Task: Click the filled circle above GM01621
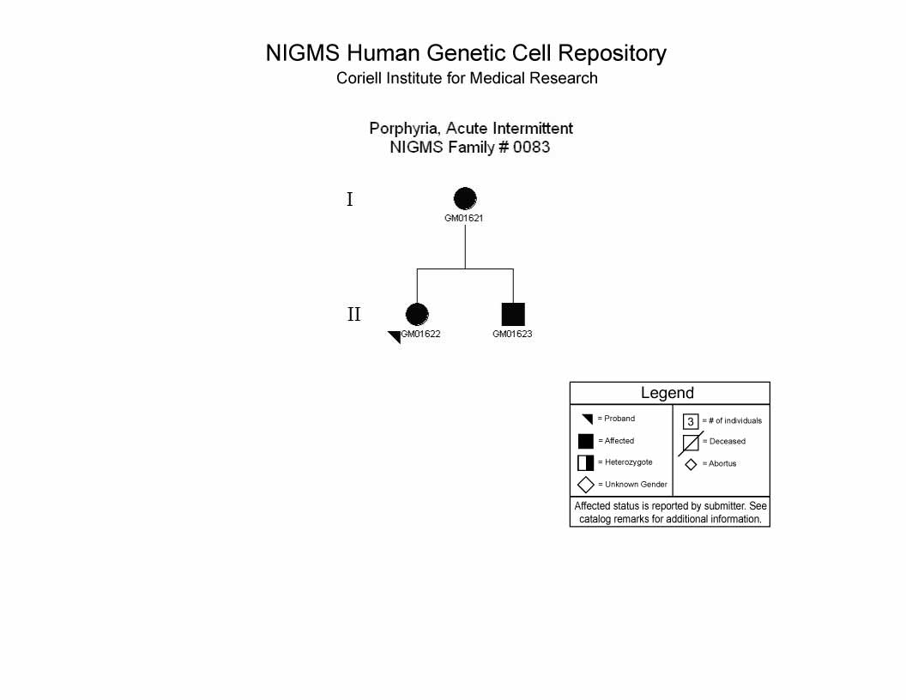pyautogui.click(x=465, y=199)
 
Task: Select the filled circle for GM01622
pyautogui.click(x=417, y=314)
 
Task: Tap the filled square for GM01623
pyautogui.click(x=513, y=314)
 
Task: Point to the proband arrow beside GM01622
pyautogui.click(x=396, y=337)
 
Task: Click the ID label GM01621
pyautogui.click(x=463, y=218)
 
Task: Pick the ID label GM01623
pyautogui.click(x=512, y=334)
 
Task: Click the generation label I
pyautogui.click(x=349, y=199)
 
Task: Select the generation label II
pyautogui.click(x=353, y=314)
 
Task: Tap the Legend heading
pyautogui.click(x=667, y=393)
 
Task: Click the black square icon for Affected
pyautogui.click(x=586, y=441)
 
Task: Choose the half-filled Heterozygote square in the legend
pyautogui.click(x=586, y=462)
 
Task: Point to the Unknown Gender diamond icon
pyautogui.click(x=586, y=485)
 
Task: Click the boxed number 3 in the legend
pyautogui.click(x=691, y=421)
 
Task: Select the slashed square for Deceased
pyautogui.click(x=691, y=443)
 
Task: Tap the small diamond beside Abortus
pyautogui.click(x=691, y=464)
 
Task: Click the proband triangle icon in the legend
pyautogui.click(x=589, y=419)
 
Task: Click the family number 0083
pyautogui.click(x=532, y=148)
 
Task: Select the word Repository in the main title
pyautogui.click(x=612, y=54)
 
